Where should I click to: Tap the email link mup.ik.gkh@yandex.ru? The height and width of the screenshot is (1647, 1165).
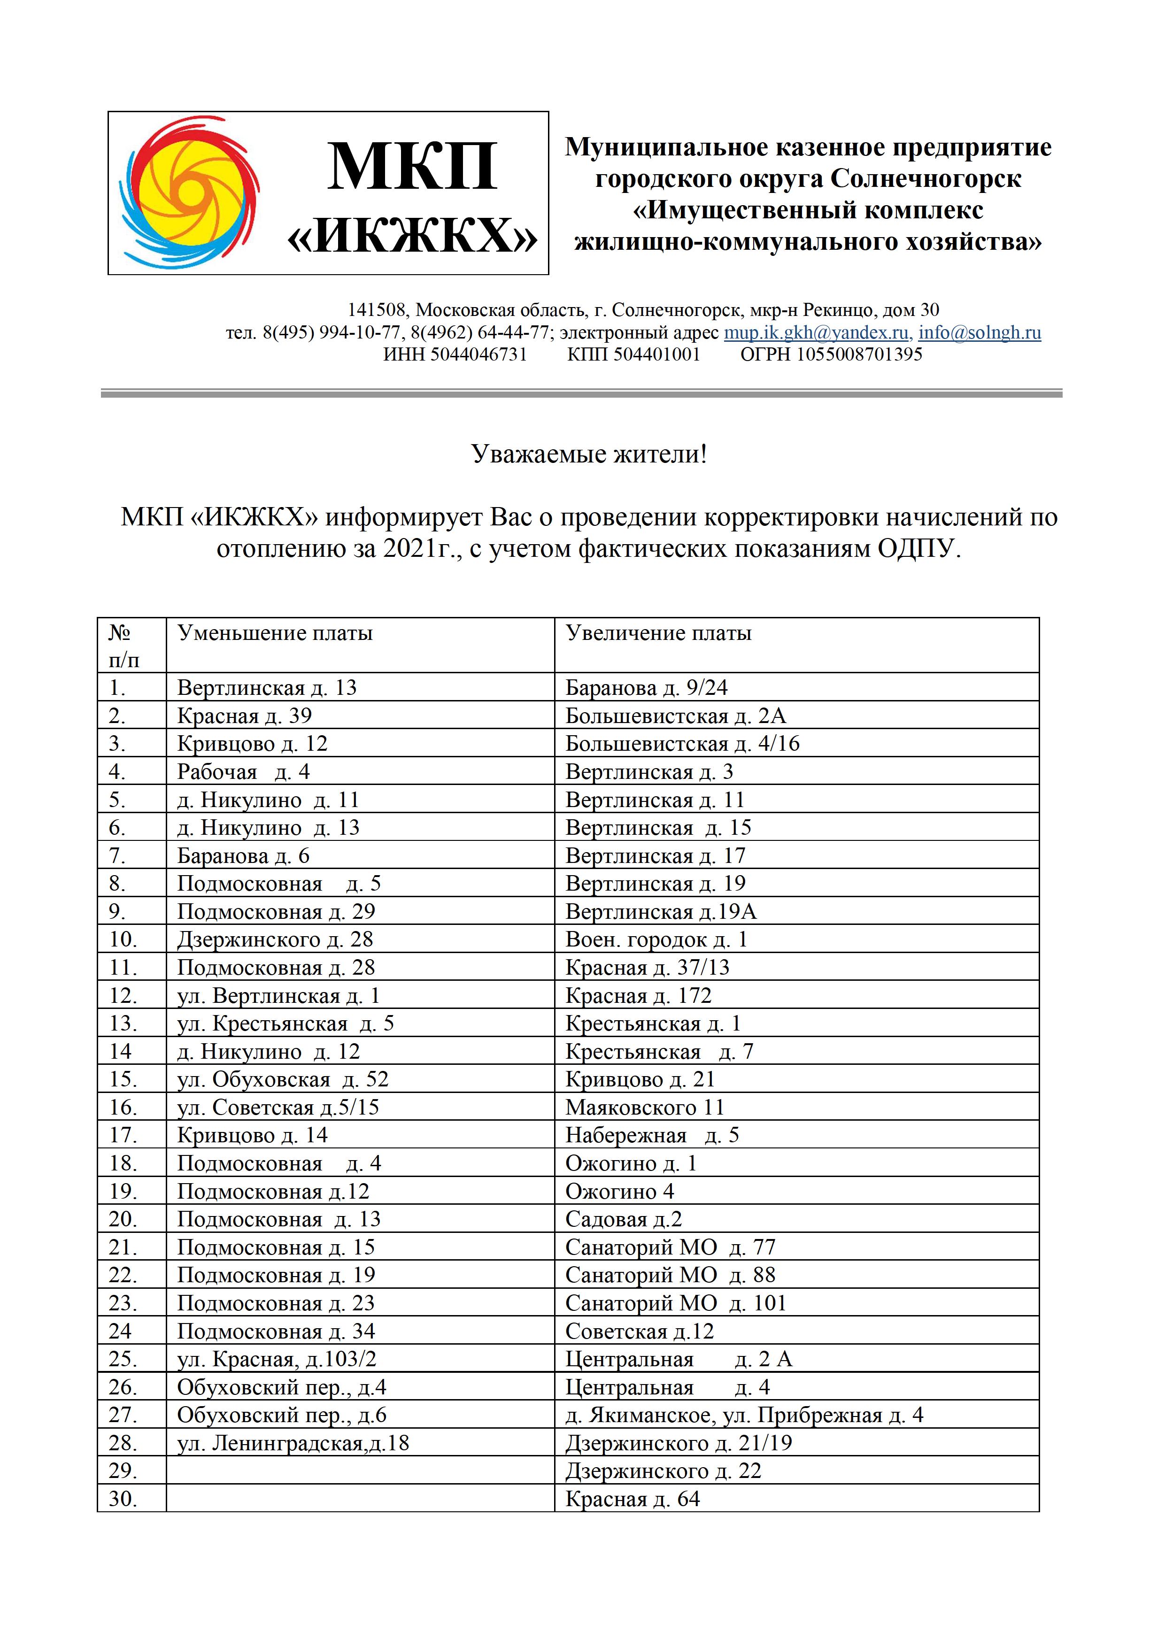[x=816, y=333]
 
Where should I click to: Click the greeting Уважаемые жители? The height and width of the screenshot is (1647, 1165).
[x=589, y=454]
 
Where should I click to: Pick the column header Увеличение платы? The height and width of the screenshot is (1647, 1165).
[x=658, y=633]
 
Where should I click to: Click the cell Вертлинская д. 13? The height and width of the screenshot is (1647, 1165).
[x=267, y=688]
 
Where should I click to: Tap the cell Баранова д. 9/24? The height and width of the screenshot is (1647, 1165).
[x=646, y=688]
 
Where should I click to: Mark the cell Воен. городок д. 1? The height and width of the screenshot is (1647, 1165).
[x=656, y=940]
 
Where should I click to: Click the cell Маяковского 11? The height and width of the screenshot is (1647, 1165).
[x=645, y=1108]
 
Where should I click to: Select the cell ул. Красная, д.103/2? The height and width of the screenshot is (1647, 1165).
[x=277, y=1359]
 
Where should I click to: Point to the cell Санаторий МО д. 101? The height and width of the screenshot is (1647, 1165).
[x=676, y=1303]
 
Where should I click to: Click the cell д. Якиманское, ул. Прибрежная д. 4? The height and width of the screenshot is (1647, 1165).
[x=744, y=1415]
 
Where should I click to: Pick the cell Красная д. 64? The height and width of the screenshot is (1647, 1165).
[x=632, y=1499]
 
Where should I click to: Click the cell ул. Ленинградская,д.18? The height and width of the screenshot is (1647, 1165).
[x=293, y=1443]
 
